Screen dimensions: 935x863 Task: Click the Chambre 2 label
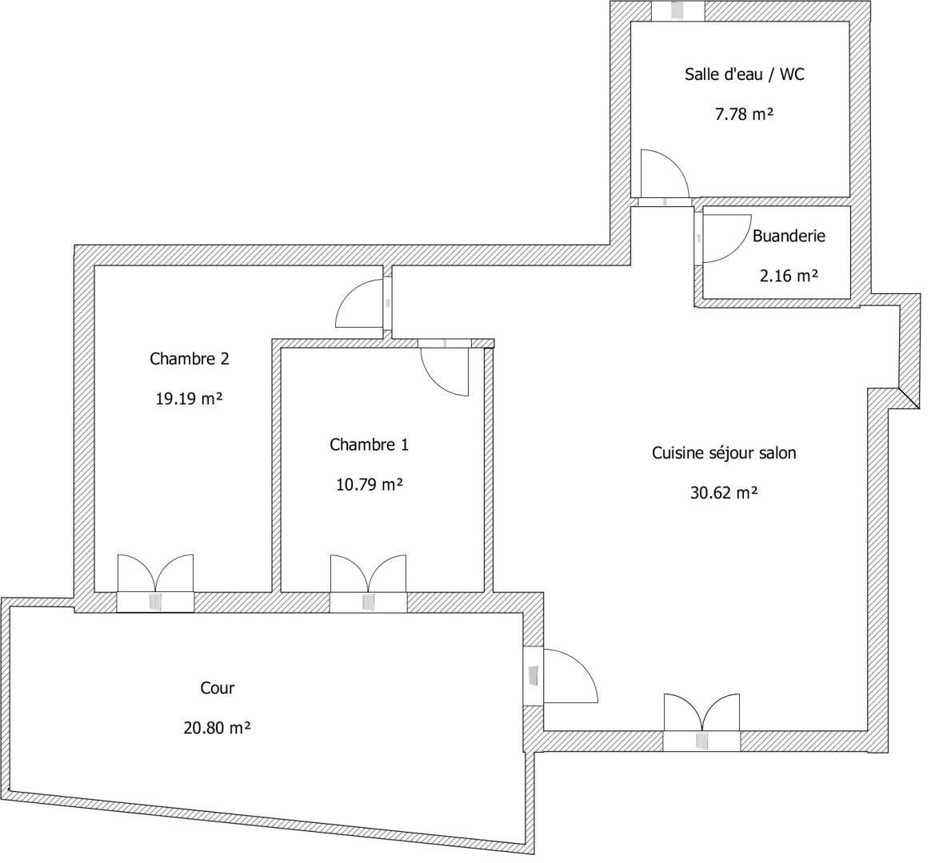pos(191,363)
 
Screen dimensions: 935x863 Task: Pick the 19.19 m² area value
pos(191,403)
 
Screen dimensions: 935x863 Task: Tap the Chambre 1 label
pos(374,450)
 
